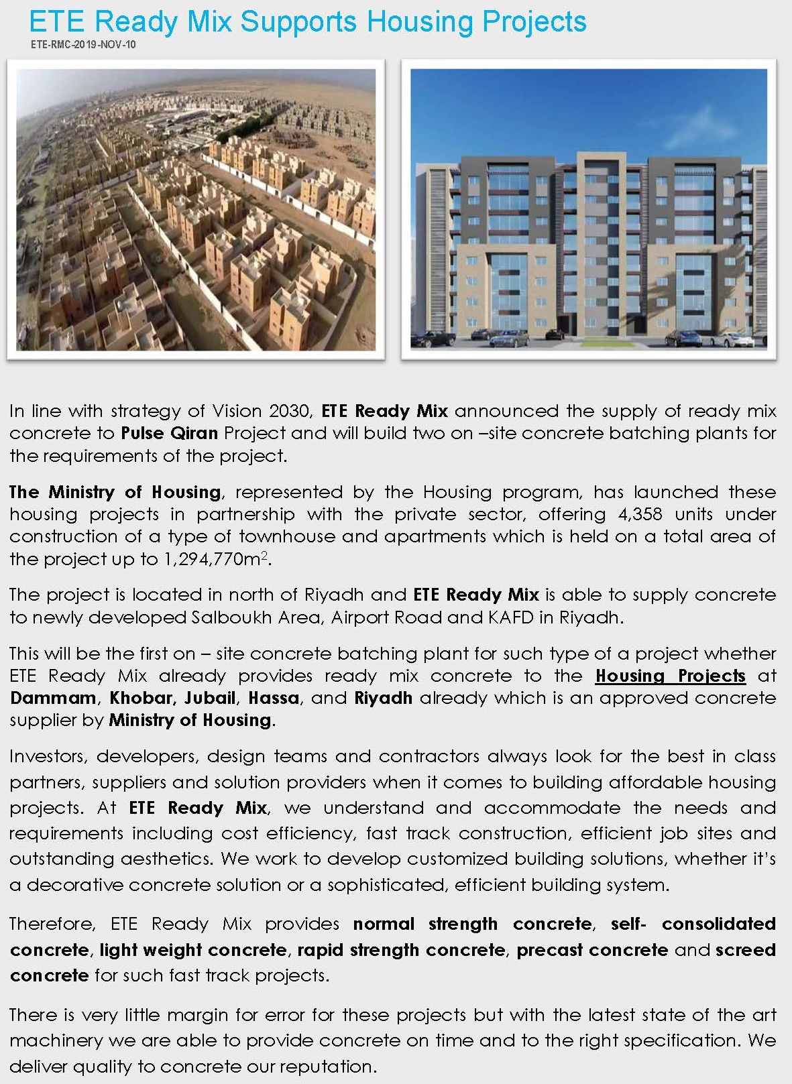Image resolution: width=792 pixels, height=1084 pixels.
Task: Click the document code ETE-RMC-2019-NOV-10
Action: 83,45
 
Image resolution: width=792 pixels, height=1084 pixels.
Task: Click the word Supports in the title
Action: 300,22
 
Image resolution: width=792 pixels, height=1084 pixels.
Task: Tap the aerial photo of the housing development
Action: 196,209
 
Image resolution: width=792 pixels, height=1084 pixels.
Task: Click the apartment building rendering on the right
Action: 588,209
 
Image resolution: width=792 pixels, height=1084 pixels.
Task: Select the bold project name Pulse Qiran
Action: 169,433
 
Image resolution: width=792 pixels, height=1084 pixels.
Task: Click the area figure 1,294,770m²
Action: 217,559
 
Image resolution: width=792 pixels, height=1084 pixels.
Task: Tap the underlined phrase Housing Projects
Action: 670,676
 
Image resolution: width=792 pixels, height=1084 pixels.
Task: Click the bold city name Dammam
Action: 53,698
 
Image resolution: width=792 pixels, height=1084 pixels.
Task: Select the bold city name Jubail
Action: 210,698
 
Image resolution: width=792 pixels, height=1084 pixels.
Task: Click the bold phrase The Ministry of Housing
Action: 115,492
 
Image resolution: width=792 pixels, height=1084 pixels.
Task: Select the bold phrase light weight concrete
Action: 193,950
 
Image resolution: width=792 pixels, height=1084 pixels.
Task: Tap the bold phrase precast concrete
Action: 591,950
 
